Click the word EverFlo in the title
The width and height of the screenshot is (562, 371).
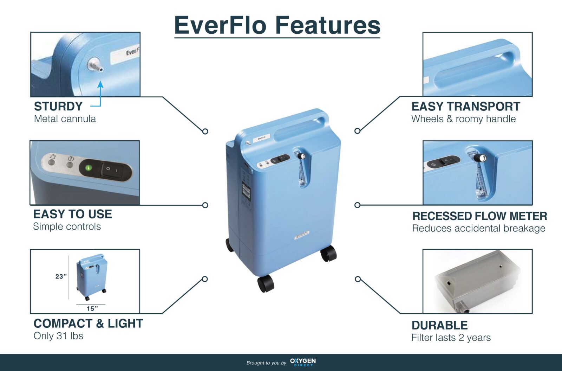click(x=220, y=25)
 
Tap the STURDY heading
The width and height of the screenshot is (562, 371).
click(x=58, y=106)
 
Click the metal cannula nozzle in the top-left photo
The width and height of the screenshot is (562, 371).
click(x=95, y=65)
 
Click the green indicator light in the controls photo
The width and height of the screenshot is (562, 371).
click(x=88, y=168)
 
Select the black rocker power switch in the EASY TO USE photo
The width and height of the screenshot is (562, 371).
click(x=112, y=170)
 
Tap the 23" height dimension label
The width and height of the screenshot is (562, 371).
click(x=61, y=276)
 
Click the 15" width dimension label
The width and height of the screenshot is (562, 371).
click(x=92, y=308)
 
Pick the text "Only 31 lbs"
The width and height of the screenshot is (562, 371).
click(x=58, y=336)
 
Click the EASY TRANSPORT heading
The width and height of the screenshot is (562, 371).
click(x=466, y=106)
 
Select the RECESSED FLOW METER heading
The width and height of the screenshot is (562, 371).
click(x=479, y=216)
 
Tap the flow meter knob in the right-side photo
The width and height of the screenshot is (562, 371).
click(x=479, y=158)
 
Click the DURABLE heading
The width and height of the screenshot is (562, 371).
click(x=439, y=325)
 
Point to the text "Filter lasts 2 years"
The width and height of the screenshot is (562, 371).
click(x=451, y=337)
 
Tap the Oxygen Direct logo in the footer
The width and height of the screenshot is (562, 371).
click(x=303, y=362)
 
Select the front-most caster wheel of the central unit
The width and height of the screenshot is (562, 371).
click(x=266, y=283)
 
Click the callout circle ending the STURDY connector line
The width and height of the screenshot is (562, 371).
click(x=205, y=132)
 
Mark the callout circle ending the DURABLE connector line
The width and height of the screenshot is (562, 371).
click(x=358, y=279)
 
